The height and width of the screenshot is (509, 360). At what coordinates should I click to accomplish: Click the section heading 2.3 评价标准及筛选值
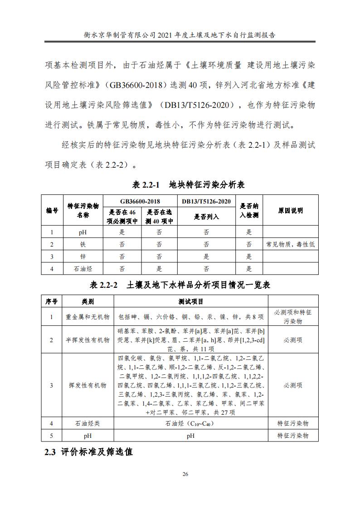pos(88,452)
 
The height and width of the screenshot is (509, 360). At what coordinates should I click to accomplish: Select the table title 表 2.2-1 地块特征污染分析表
pos(188,185)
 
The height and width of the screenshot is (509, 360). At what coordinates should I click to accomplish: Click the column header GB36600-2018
pos(140,201)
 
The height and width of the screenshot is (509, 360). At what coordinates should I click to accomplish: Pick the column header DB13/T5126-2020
pos(206,201)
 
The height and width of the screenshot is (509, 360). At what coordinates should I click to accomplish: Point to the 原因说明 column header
pos(291,211)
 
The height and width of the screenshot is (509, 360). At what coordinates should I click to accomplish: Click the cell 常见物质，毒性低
pos(291,245)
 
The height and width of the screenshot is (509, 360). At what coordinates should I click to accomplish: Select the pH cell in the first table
pos(83,233)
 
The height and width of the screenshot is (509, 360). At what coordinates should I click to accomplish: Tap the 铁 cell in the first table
pos(83,245)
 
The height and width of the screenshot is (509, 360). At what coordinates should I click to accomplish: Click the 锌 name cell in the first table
pos(83,257)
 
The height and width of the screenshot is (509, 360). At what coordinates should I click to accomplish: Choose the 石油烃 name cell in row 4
pos(83,269)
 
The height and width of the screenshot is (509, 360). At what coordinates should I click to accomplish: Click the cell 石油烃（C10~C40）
pos(190,423)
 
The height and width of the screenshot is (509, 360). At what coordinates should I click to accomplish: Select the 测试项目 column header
pos(190,301)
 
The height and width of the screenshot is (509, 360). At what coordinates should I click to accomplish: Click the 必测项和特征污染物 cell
pos(293,317)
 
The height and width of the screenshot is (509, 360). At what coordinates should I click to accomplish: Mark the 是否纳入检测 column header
pos(249,211)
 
